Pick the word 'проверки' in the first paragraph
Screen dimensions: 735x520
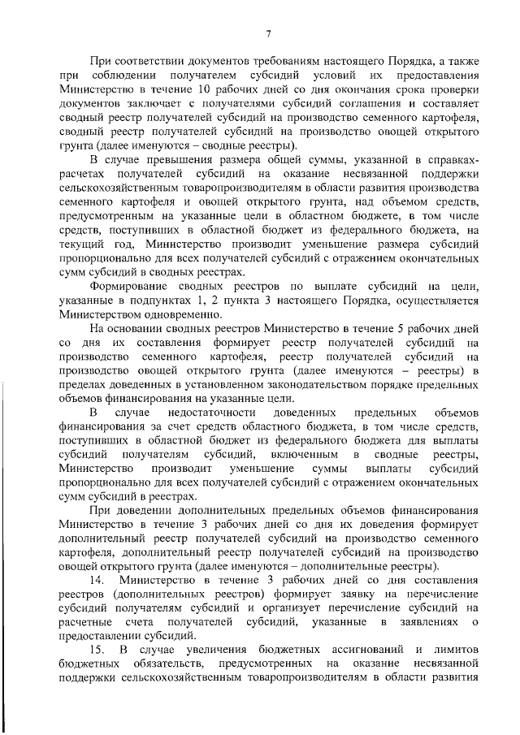pyautogui.click(x=455, y=89)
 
